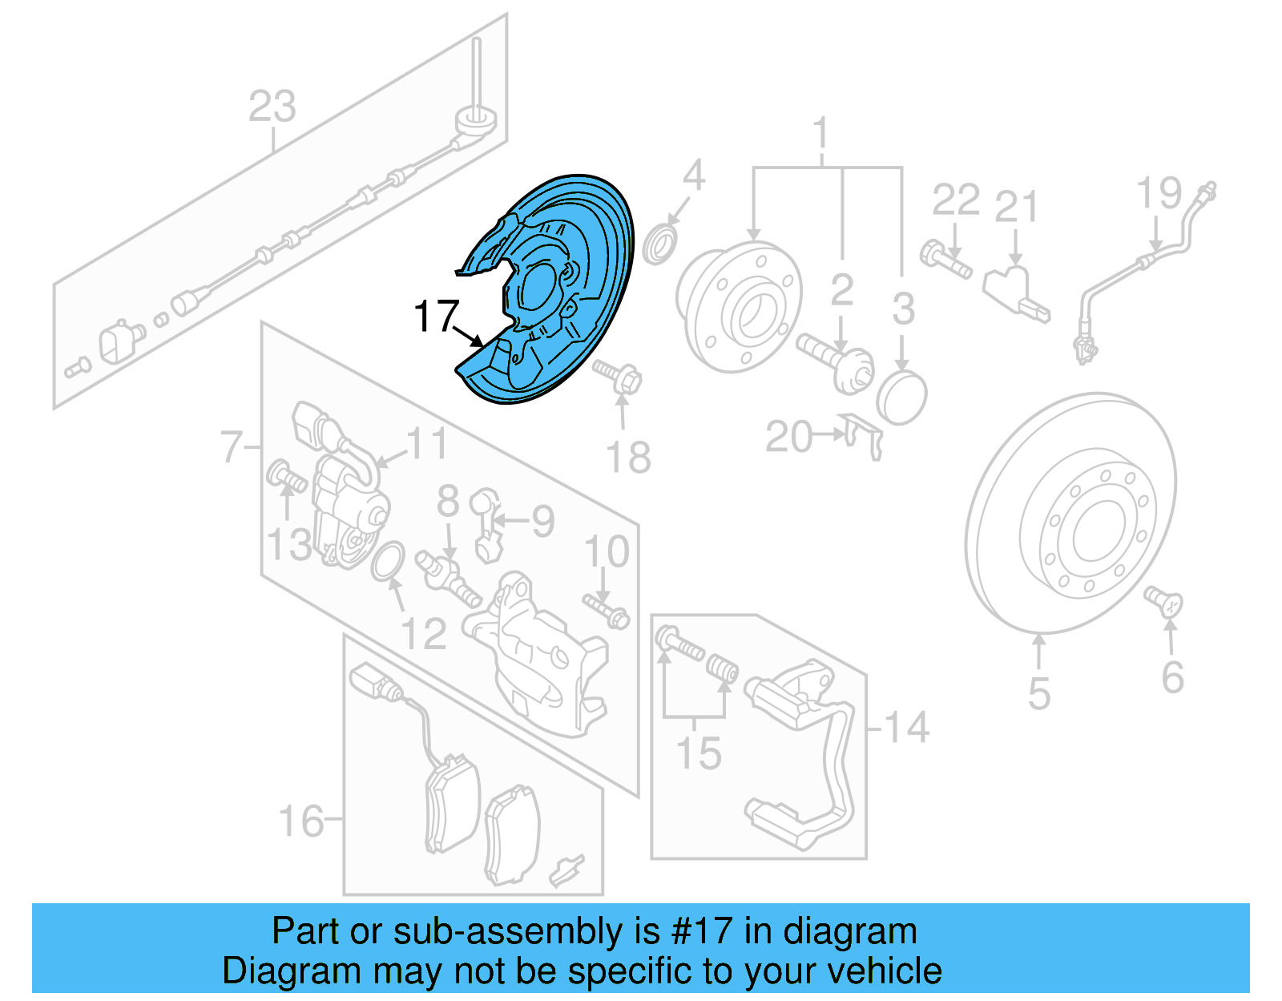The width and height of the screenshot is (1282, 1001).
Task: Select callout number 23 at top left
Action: click(272, 107)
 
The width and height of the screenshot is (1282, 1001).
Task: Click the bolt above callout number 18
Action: click(619, 375)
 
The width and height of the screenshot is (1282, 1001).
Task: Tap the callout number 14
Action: click(907, 728)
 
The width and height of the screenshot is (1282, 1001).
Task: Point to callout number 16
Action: click(300, 821)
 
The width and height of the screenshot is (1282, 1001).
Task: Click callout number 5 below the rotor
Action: click(1038, 694)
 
